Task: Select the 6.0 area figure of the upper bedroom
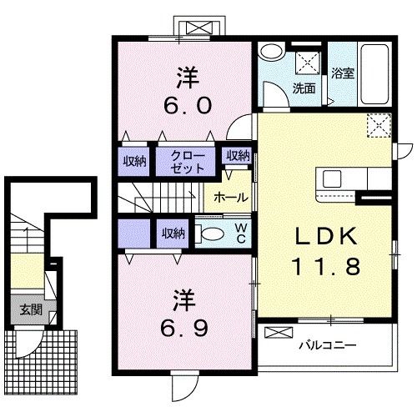tap(186, 107)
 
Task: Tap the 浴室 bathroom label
tap(343, 73)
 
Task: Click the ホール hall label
tap(229, 198)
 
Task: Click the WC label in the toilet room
tap(239, 233)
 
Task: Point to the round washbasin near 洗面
tap(270, 52)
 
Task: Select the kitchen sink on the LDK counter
tap(331, 178)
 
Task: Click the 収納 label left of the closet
tap(135, 161)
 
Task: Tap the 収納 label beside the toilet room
tap(173, 234)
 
